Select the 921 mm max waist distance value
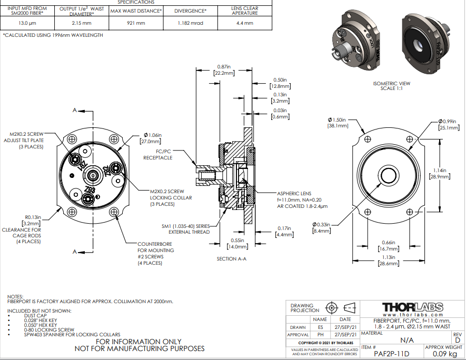point(136,23)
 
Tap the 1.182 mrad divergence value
point(190,23)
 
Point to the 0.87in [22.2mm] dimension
point(223,70)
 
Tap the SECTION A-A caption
point(232,259)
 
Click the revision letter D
point(457,340)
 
